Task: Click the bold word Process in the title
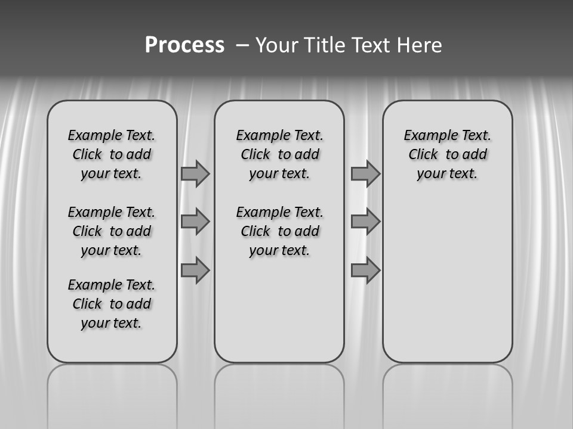184,45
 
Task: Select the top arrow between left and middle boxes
195,173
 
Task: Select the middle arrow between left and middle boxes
195,222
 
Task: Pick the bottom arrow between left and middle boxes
195,271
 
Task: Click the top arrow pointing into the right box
365,173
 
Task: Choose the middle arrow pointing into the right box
365,222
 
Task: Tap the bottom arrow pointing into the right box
365,271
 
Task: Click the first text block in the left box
112,154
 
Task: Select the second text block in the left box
112,231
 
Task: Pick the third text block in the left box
112,304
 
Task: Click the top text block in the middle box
279,154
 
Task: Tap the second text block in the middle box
279,231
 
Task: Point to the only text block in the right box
447,154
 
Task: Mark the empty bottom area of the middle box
279,316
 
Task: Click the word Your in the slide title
277,45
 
